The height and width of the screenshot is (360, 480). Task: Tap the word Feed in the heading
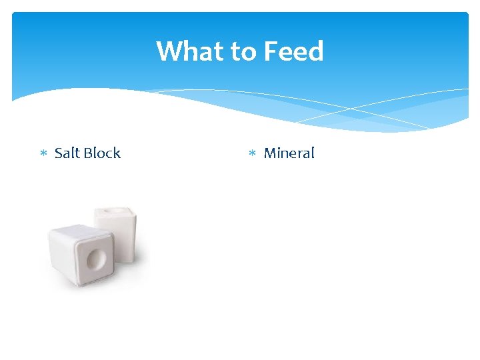(x=293, y=51)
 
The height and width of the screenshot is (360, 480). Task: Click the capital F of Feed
(x=271, y=51)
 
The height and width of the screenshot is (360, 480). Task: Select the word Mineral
(x=289, y=153)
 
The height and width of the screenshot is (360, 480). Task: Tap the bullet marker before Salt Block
(x=43, y=154)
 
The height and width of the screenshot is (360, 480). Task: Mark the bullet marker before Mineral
(x=252, y=154)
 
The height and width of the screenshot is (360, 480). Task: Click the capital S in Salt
(x=58, y=153)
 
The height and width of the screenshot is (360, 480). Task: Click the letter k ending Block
(x=117, y=153)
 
